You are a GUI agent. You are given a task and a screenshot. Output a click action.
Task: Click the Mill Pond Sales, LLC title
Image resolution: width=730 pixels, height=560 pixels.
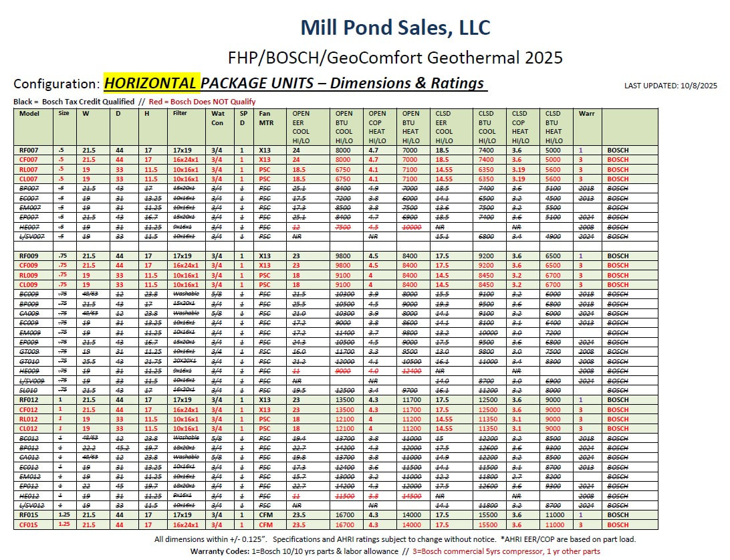point(395,27)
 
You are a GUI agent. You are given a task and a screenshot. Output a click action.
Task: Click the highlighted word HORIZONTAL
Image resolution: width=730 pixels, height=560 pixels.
point(151,84)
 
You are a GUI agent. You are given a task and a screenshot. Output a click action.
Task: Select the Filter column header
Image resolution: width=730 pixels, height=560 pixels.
point(180,114)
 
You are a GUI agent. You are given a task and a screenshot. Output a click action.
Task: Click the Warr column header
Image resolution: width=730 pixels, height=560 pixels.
point(586,114)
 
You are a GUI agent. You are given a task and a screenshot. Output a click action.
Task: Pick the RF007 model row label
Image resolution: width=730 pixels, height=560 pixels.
point(29,151)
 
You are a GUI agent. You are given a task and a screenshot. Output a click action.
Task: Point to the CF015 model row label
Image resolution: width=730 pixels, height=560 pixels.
point(29,525)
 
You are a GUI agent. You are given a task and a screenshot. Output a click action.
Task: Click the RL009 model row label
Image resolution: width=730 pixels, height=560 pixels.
point(29,275)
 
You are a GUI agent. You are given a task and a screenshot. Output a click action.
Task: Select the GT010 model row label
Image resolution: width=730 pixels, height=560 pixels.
point(29,361)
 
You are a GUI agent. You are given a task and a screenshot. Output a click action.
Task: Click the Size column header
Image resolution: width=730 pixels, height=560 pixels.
point(64,114)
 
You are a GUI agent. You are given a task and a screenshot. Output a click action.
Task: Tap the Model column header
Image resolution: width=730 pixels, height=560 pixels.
point(29,114)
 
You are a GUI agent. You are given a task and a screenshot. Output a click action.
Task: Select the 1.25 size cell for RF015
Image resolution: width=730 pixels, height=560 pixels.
point(64,515)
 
